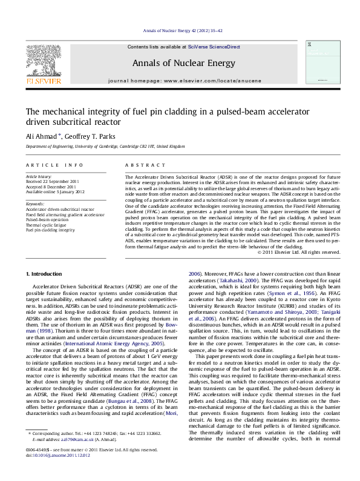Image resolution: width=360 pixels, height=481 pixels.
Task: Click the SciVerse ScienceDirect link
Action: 214,47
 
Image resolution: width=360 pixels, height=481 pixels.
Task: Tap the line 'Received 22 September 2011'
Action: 52,181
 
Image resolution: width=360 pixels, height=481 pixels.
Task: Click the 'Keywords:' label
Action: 35,204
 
